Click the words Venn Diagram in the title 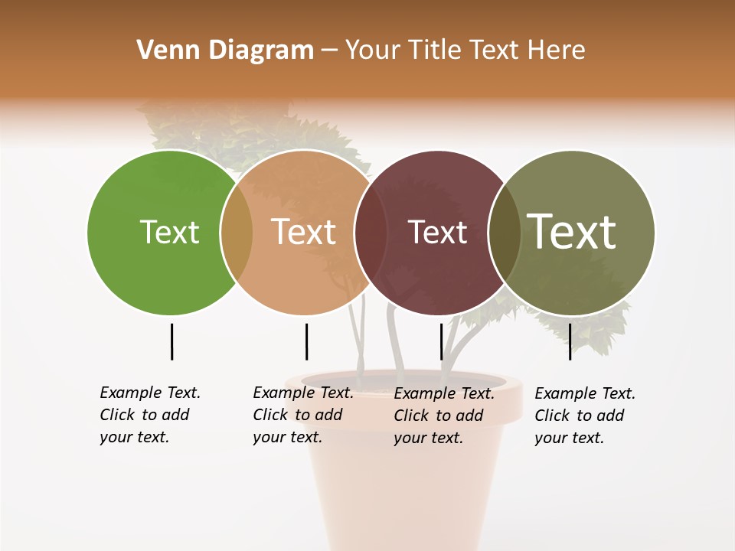pyautogui.click(x=225, y=50)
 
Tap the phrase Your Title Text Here pyautogui.click(x=465, y=50)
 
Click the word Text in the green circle pyautogui.click(x=169, y=232)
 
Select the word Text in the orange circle pyautogui.click(x=304, y=232)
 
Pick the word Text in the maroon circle pyautogui.click(x=437, y=232)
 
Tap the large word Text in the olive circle pyautogui.click(x=572, y=232)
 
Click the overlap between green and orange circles pyautogui.click(x=237, y=232)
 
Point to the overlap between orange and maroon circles pyautogui.click(x=370, y=232)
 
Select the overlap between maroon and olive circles pyautogui.click(x=504, y=232)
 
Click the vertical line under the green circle pyautogui.click(x=171, y=341)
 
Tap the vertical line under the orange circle pyautogui.click(x=306, y=341)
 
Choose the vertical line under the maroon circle pyautogui.click(x=441, y=341)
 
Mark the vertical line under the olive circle pyautogui.click(x=570, y=341)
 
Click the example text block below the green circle pyautogui.click(x=149, y=415)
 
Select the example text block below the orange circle pyautogui.click(x=302, y=415)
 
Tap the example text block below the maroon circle pyautogui.click(x=443, y=416)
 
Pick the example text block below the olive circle pyautogui.click(x=584, y=416)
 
